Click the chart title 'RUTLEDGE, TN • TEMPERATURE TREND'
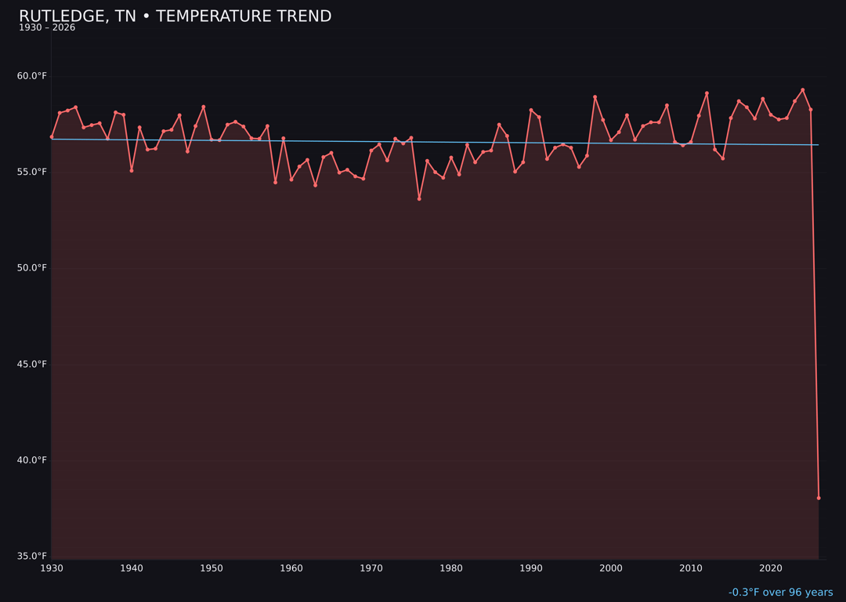(175, 16)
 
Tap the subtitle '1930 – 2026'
(47, 28)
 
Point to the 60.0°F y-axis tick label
(31, 76)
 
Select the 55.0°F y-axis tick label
(31, 172)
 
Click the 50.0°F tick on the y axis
(31, 268)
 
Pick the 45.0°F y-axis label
(31, 364)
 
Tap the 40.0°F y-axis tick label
(31, 460)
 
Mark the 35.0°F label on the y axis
(31, 557)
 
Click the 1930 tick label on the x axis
(52, 568)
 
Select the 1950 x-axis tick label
(211, 568)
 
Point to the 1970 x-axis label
(371, 568)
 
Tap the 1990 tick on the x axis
(531, 568)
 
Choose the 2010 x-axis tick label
(691, 568)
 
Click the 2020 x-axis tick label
(771, 568)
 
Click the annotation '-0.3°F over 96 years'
(780, 593)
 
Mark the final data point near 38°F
(819, 498)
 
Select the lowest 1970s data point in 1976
(419, 199)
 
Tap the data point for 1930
(52, 137)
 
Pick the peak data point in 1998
(595, 97)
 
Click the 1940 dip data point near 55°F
(132, 170)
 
